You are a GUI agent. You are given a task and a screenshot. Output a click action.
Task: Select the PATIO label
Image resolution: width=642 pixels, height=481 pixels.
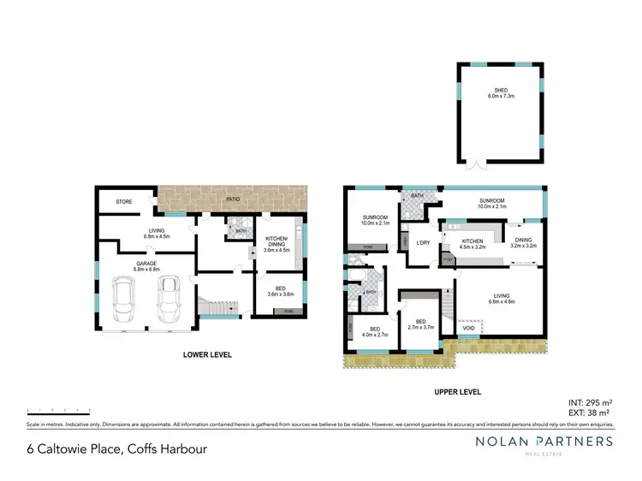coord(233,199)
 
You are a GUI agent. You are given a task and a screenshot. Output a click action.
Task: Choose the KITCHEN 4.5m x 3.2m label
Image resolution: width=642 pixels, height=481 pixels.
coord(473,245)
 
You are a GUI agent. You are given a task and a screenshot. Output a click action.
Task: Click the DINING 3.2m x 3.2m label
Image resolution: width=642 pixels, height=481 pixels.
coord(522,243)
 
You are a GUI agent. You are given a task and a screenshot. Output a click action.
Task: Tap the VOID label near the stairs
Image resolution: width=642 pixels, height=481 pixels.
coord(468,327)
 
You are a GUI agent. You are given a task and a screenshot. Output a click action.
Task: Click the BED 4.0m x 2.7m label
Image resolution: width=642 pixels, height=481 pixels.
coord(374,331)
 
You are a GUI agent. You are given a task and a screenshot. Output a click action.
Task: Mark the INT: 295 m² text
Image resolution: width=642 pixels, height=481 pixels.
coord(590,401)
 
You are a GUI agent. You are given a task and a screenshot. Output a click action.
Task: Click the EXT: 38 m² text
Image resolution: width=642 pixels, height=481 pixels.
coord(590,412)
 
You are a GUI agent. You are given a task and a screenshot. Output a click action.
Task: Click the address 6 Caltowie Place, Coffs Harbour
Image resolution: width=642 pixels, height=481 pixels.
coord(116,448)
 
